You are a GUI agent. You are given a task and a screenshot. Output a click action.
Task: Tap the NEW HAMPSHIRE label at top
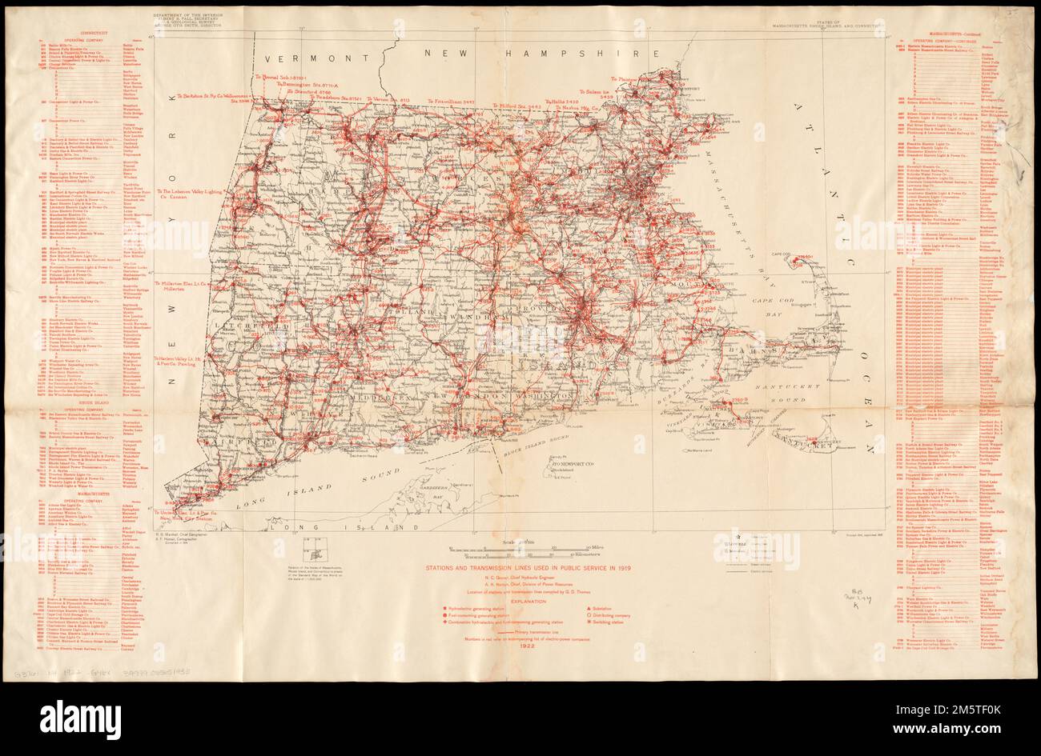[x=545, y=54]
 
